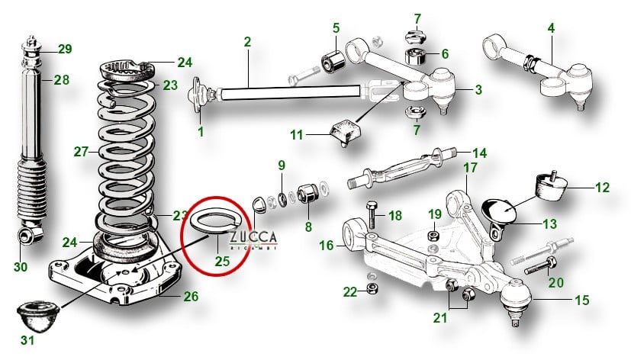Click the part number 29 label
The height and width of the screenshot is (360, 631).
(x=65, y=50)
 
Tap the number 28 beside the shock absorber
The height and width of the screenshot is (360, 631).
(x=61, y=79)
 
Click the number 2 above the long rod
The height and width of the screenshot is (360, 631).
(x=247, y=41)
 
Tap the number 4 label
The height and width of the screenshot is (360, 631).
(x=550, y=28)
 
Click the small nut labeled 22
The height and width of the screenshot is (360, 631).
(x=373, y=288)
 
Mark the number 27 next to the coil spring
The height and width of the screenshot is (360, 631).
(x=82, y=151)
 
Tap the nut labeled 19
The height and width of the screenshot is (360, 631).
(x=432, y=235)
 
